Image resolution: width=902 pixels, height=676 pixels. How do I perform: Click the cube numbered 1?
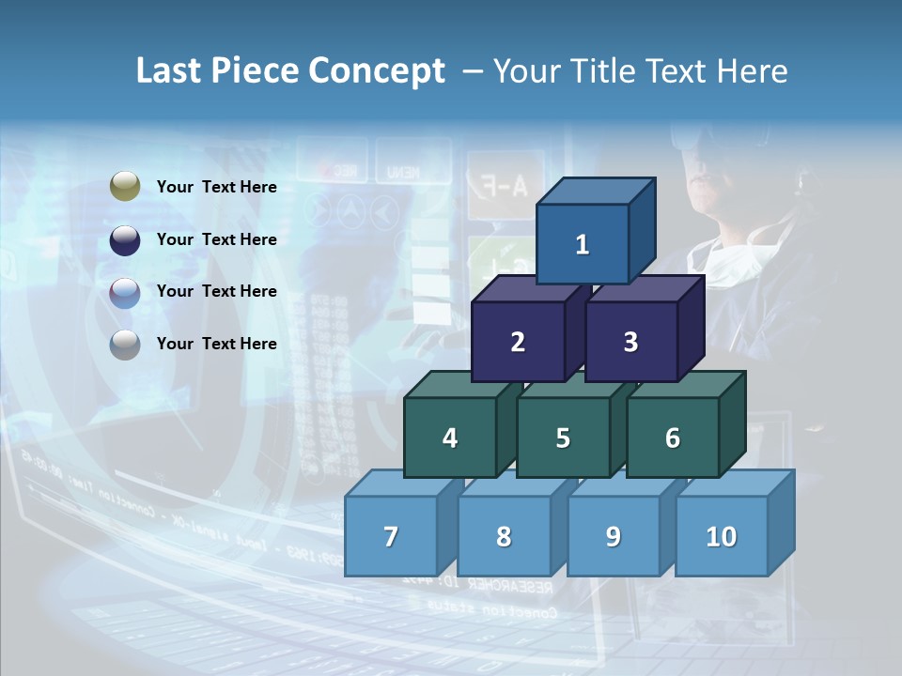(583, 244)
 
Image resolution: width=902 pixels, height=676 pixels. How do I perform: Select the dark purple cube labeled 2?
(518, 342)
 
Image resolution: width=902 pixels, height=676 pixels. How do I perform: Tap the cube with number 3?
(630, 342)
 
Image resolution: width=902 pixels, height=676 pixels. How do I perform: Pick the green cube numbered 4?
(450, 438)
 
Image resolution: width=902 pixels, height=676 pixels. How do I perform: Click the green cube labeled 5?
(563, 438)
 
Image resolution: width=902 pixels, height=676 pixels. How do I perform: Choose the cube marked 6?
(673, 438)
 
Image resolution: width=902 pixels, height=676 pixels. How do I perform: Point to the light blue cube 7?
(391, 536)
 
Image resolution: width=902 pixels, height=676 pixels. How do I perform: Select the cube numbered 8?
(504, 536)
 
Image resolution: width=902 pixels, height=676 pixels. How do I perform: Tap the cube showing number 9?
(614, 536)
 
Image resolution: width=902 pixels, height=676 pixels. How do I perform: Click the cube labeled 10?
(722, 536)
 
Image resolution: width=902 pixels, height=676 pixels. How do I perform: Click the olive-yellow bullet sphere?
(125, 187)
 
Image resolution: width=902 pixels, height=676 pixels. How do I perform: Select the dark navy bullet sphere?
(125, 239)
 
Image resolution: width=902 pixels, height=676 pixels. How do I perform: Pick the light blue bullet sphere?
(125, 292)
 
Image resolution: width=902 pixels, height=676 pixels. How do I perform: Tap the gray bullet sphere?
(125, 345)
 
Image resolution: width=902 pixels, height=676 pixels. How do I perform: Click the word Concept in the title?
(377, 71)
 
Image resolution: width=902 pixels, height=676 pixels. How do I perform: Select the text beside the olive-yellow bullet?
(217, 187)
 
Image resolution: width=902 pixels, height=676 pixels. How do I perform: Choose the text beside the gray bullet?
(217, 344)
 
